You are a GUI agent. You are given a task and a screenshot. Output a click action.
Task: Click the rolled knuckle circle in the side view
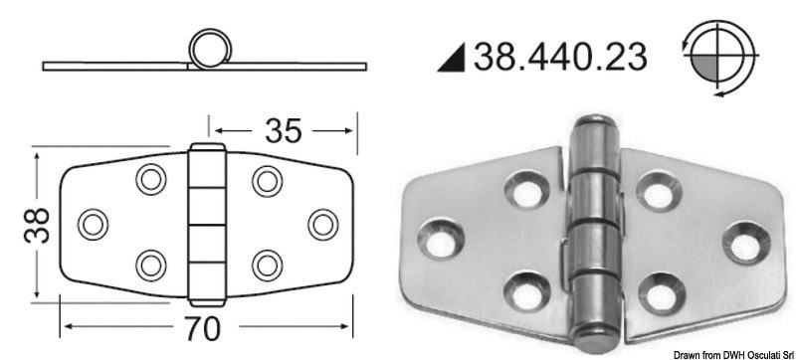click(207, 51)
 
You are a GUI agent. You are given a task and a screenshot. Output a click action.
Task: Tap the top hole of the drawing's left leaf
click(150, 179)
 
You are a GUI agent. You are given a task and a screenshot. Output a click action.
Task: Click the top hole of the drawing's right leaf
click(264, 179)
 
